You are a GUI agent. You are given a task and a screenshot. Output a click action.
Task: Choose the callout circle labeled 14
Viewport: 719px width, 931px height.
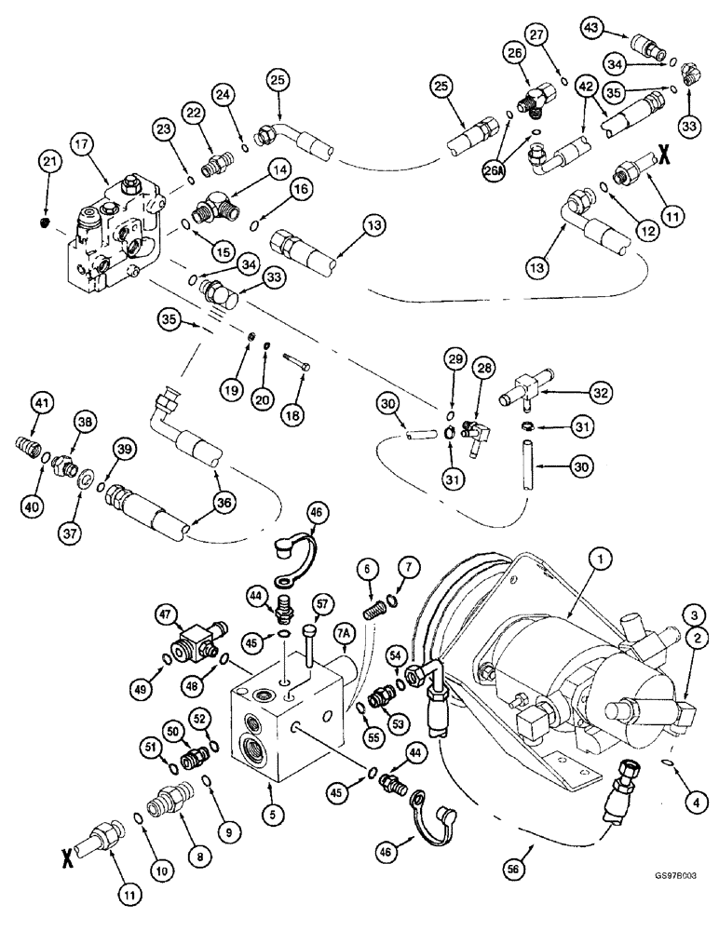pyautogui.click(x=251, y=169)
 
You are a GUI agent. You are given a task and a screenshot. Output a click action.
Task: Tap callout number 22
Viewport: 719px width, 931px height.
pyautogui.click(x=194, y=112)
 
